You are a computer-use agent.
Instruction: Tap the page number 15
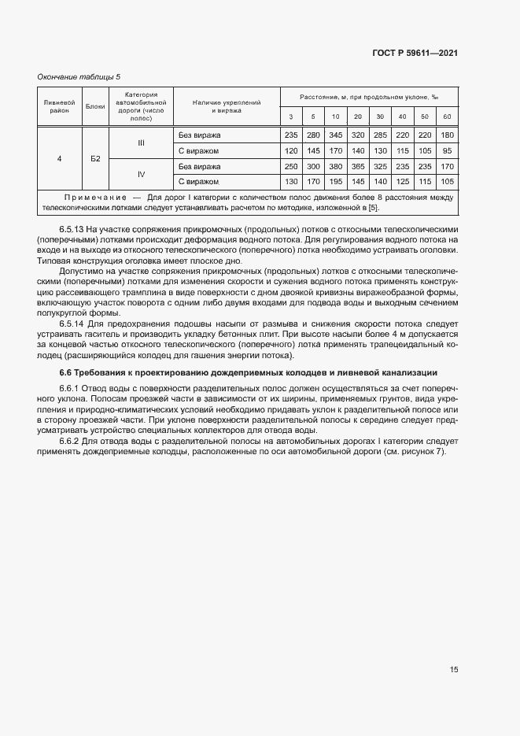coord(454,669)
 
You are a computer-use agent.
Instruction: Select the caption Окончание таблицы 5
coord(79,76)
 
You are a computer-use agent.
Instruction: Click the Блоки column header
coord(95,105)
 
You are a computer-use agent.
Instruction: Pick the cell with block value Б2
coord(95,159)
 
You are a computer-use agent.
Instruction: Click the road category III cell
coord(142,142)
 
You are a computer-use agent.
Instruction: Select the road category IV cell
coord(142,174)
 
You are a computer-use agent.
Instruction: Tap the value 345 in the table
coord(336,135)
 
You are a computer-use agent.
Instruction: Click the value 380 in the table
coord(336,167)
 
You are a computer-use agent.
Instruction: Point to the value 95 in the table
coord(448,150)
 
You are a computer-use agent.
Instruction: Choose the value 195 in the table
coord(336,182)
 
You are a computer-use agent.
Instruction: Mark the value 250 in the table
coord(290,167)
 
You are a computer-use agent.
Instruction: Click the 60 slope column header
coord(448,117)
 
